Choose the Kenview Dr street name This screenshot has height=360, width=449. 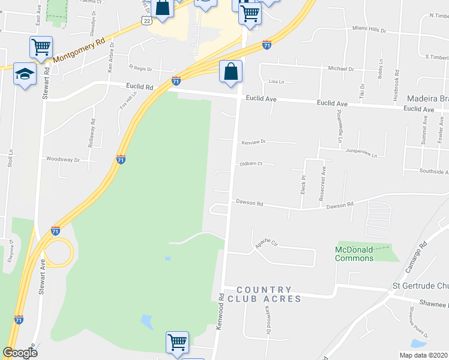pos(253,142)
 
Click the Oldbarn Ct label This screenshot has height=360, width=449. pos(252,164)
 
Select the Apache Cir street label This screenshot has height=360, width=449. pos(268,244)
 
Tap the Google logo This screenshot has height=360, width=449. pos(20,353)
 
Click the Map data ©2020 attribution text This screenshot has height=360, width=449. pos(423,355)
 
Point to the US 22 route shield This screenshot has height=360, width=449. pos(146,20)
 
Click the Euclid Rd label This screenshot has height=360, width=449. pos(139,87)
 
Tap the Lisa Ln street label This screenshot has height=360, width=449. pos(276,81)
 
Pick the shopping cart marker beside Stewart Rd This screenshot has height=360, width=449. pos(41,47)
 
